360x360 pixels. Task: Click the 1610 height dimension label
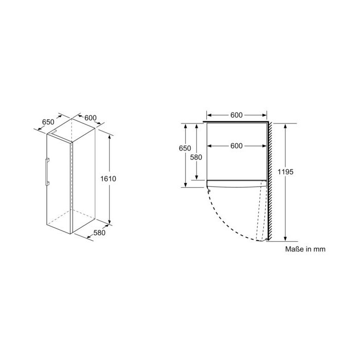pos(108,178)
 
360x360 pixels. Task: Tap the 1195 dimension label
pos(285,172)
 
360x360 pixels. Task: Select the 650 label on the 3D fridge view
pos(48,122)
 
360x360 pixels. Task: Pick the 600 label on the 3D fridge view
pos(91,118)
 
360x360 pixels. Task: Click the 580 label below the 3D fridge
pos(99,233)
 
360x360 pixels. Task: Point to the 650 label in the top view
pos(185,148)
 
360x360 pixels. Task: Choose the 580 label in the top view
pos(196,157)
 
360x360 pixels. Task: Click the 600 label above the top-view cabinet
pos(237,115)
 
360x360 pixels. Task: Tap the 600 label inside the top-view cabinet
pos(237,146)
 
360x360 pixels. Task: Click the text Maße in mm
pos(305,249)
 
